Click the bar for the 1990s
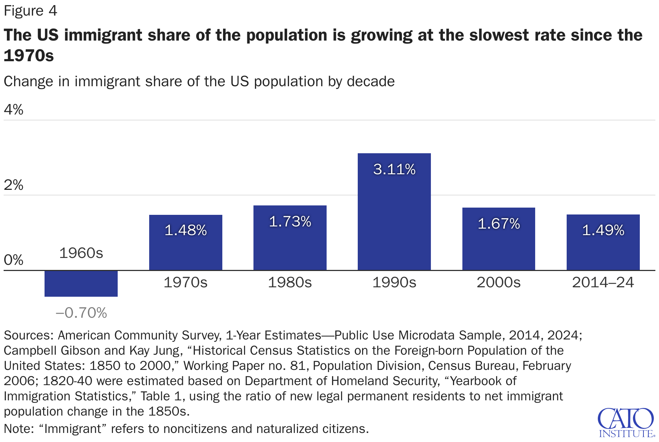[394, 217]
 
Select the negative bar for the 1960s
[81, 284]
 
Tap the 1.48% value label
[186, 230]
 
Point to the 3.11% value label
[394, 170]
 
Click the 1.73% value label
[290, 222]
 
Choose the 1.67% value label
[499, 224]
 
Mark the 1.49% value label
[603, 230]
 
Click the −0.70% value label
[81, 313]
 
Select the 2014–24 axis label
[603, 283]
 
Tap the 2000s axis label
[499, 283]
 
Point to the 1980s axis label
[290, 283]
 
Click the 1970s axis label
[185, 283]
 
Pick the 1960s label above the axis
[81, 253]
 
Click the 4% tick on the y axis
[13, 109]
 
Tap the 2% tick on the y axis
[13, 185]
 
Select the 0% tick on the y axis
[13, 260]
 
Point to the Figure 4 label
[30, 11]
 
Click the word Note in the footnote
[18, 429]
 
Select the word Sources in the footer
[29, 335]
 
